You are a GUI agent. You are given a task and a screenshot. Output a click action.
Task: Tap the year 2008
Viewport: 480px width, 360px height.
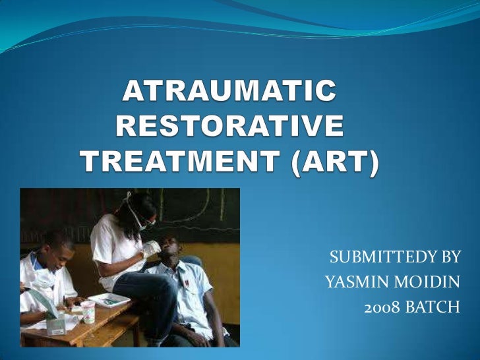(x=380, y=308)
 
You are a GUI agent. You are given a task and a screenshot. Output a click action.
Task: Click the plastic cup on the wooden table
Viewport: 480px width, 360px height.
(x=88, y=311)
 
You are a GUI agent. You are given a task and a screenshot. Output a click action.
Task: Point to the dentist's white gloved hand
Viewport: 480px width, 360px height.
(x=152, y=249)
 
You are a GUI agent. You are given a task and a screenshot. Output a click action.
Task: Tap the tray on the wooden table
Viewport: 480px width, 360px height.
(x=109, y=301)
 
